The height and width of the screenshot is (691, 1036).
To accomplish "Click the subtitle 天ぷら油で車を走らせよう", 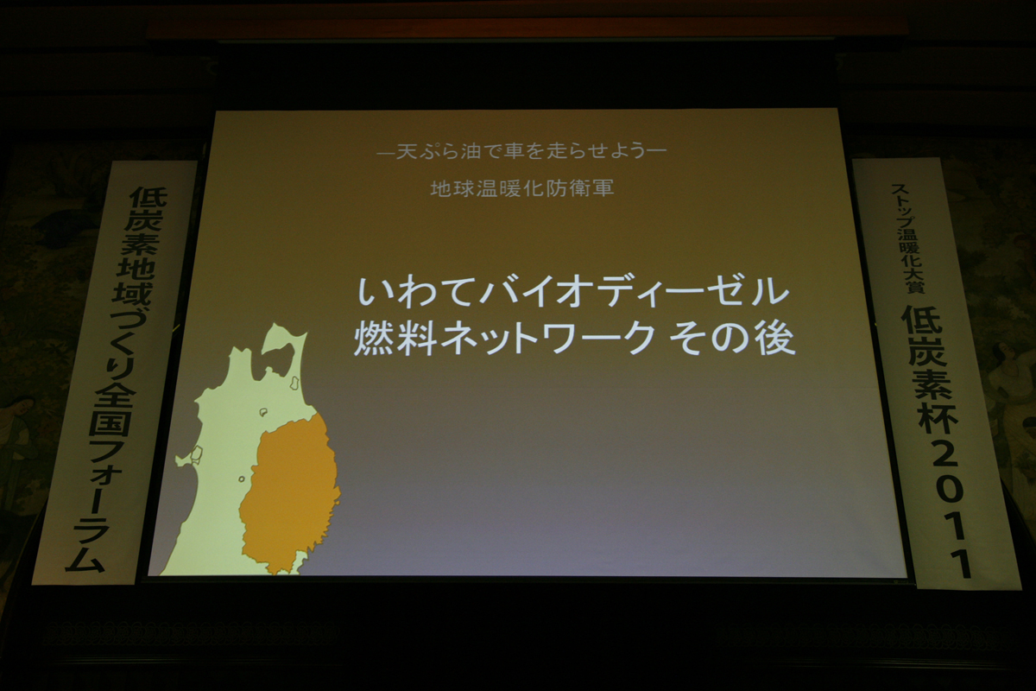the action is pyautogui.click(x=521, y=151).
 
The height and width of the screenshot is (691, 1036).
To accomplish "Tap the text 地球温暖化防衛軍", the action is pyautogui.click(x=522, y=188).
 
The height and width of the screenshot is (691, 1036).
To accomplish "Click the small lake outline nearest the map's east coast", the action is pyautogui.click(x=294, y=383).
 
